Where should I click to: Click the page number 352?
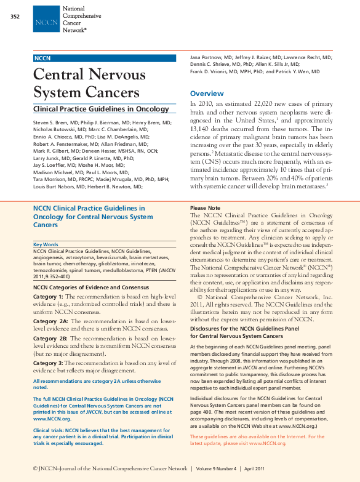click(x=16, y=15)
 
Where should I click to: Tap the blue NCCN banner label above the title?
click(x=43, y=58)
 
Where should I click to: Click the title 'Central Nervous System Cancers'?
click(x=90, y=83)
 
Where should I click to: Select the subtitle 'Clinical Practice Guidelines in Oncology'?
click(x=101, y=109)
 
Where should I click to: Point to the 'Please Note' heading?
click(x=206, y=208)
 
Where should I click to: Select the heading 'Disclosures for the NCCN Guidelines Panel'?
click(x=252, y=329)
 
